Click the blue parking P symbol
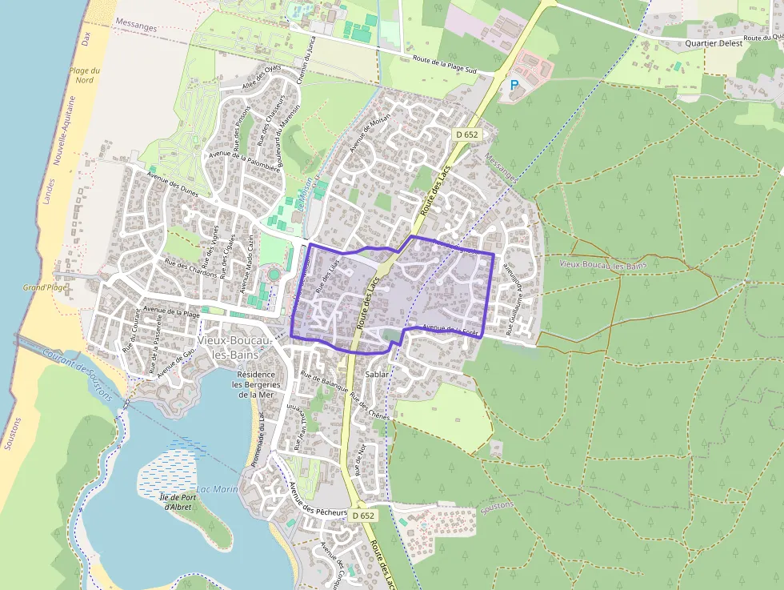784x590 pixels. [x=514, y=84]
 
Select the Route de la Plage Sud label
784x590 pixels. [x=444, y=65]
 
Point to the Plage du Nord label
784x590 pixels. [x=82, y=75]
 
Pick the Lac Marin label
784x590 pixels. [x=217, y=489]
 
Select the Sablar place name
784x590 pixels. [x=377, y=374]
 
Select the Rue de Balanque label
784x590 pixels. [x=325, y=385]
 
